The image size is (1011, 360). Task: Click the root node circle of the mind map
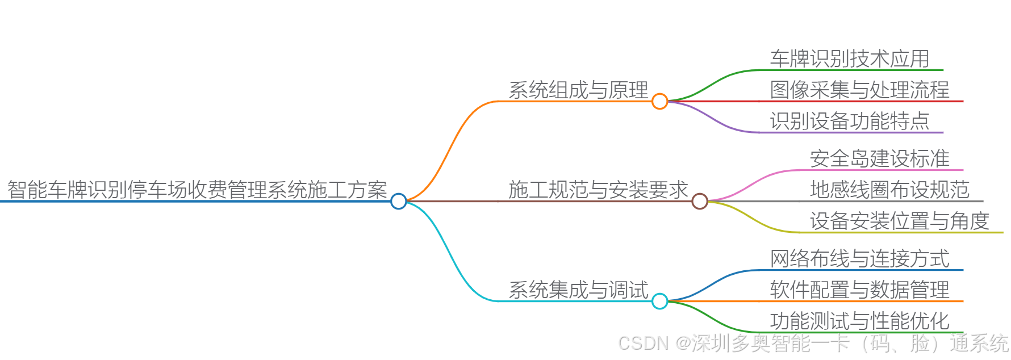tap(399, 201)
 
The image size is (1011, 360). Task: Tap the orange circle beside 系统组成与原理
tap(659, 101)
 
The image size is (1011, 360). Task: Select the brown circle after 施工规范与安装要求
tap(700, 201)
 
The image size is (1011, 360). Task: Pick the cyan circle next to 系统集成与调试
tap(659, 301)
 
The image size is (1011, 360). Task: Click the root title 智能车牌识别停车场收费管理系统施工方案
tap(197, 190)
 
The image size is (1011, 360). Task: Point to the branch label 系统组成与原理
tap(578, 90)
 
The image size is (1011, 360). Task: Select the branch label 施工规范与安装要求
tap(598, 190)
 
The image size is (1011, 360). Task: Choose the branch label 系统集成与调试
tap(578, 290)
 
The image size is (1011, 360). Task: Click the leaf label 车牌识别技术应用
tap(849, 58)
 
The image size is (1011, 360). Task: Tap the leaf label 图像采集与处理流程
tap(859, 90)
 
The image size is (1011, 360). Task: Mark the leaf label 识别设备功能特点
tap(849, 121)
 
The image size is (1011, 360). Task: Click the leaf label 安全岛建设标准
tap(879, 158)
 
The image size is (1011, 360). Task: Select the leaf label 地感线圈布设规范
tap(889, 190)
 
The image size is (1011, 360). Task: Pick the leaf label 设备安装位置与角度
tap(899, 221)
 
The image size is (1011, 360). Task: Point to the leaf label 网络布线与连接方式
tap(859, 258)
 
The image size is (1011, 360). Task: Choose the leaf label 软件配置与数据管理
tap(859, 290)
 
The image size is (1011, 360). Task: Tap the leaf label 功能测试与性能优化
tap(859, 321)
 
